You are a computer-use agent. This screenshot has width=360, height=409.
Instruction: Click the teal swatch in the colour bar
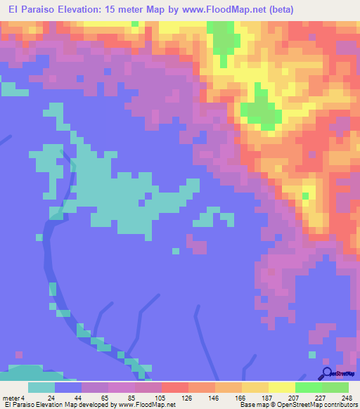pos(41,387)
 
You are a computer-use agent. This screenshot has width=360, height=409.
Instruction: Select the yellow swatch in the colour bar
pos(282,387)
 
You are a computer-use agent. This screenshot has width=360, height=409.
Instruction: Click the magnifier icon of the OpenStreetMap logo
pos(327,372)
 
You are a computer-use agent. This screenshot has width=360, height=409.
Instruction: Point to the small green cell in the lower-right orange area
pos(306,195)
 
